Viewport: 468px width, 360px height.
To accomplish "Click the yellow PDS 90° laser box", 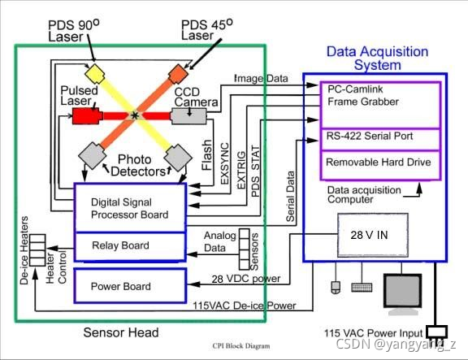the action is pyautogui.click(x=94, y=73).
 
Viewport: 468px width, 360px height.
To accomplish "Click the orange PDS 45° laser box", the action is pyautogui.click(x=179, y=74).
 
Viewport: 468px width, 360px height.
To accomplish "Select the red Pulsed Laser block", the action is pyautogui.click(x=88, y=116).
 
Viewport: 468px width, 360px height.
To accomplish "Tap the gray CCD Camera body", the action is pyautogui.click(x=188, y=116).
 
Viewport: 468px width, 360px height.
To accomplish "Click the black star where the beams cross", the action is pyautogui.click(x=135, y=115).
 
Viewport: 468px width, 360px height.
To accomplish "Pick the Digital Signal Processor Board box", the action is pyautogui.click(x=130, y=208).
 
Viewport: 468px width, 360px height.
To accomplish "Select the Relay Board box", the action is pyautogui.click(x=130, y=247).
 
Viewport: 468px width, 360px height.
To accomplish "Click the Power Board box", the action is pyautogui.click(x=130, y=286).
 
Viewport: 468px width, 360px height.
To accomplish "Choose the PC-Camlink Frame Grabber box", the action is pyautogui.click(x=380, y=106).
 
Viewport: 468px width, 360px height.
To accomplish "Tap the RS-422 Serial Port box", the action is pyautogui.click(x=380, y=140).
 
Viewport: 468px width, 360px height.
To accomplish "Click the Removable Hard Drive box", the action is pyautogui.click(x=380, y=166).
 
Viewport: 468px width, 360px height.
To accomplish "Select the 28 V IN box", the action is pyautogui.click(x=373, y=235).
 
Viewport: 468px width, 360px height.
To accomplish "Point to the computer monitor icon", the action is pyautogui.click(x=403, y=294).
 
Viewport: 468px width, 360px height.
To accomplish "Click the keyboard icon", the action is pyautogui.click(x=362, y=287).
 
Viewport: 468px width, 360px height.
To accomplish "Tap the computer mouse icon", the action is pyautogui.click(x=336, y=287).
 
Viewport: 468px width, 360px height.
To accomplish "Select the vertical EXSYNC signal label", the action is pyautogui.click(x=224, y=163).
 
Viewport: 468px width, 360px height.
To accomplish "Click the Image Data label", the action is pyautogui.click(x=261, y=79).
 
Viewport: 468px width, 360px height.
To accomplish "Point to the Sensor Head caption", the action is pyautogui.click(x=121, y=332).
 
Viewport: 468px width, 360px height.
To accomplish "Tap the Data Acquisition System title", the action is pyautogui.click(x=377, y=59).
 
